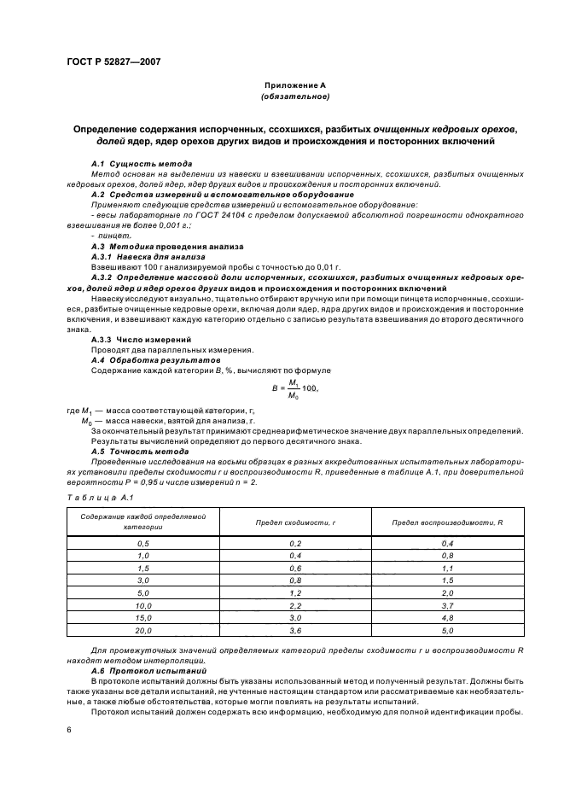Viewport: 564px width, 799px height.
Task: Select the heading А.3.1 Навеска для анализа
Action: point(148,254)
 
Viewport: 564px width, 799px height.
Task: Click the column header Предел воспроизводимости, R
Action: point(447,522)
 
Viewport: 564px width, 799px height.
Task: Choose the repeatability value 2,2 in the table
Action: point(295,604)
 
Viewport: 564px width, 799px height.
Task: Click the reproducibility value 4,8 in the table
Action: point(447,616)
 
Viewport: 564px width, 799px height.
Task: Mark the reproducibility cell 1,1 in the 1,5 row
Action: point(447,568)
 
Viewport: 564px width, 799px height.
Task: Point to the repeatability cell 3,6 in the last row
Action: point(295,629)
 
